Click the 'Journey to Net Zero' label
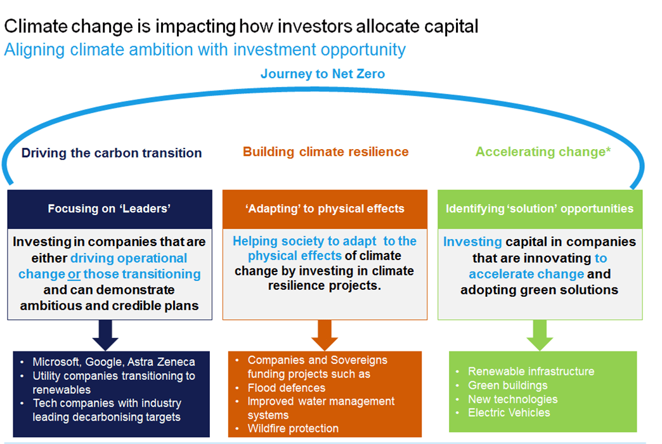click(323, 74)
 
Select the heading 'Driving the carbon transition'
click(112, 153)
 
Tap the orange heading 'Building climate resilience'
click(325, 152)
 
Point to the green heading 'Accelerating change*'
click(543, 152)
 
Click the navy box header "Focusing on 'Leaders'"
click(109, 209)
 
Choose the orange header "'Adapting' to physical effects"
click(325, 209)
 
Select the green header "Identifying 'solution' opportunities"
click(540, 209)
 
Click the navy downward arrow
click(105, 335)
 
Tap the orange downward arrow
click(324, 335)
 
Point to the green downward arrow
click(540, 335)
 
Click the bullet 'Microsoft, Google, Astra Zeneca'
click(114, 362)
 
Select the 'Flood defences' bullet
click(286, 388)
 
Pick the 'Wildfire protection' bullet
click(293, 428)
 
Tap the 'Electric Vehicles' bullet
click(509, 413)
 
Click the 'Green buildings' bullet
click(507, 385)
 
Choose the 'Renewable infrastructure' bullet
click(531, 371)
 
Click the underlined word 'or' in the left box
click(74, 274)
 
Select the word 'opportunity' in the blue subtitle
click(363, 50)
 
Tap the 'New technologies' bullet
click(512, 399)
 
